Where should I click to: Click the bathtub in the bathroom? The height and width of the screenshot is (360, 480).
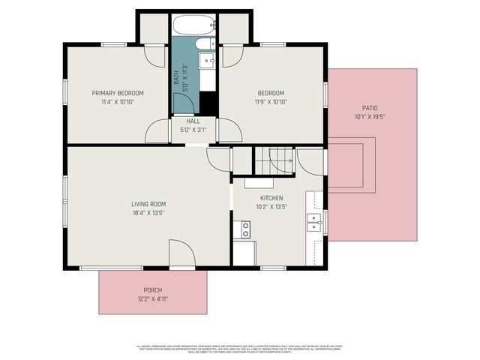tap(193, 25)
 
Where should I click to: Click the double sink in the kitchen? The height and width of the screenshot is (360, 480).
tap(313, 220)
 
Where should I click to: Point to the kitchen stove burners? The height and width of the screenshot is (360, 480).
tap(244, 230)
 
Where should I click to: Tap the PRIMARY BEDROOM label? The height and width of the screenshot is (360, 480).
tap(118, 93)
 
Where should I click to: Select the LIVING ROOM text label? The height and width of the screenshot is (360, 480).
tap(148, 204)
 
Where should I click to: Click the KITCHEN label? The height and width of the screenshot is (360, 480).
tap(271, 198)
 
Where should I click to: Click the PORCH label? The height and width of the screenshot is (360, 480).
tap(152, 290)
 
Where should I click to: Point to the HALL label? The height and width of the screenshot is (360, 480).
tap(193, 121)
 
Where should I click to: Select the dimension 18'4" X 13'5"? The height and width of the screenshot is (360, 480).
tap(148, 213)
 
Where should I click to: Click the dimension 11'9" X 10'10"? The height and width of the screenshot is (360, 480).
tap(271, 102)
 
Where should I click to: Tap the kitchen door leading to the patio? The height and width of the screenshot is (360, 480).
tap(310, 161)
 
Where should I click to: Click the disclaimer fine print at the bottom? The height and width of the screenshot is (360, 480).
tap(240, 348)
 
